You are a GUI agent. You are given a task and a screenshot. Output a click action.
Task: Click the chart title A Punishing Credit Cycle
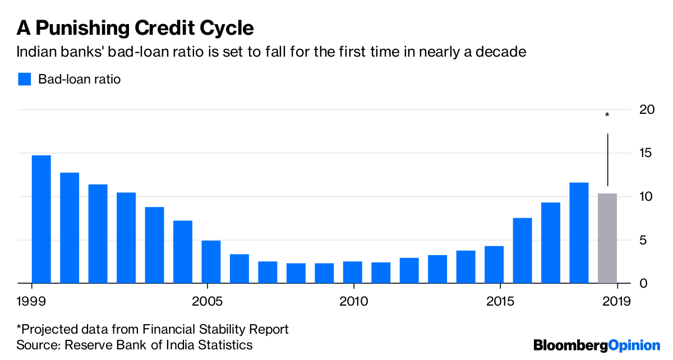pos(135,27)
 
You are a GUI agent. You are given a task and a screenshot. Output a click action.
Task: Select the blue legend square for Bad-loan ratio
pos(24,79)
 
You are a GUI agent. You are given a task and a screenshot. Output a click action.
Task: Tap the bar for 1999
pos(42,219)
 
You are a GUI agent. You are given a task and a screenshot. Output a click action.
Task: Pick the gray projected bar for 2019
pos(607,238)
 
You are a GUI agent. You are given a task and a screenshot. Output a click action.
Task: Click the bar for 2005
pos(211,262)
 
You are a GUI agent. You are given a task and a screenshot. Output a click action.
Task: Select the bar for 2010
pos(352,272)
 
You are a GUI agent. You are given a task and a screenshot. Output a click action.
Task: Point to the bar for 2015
pos(494,265)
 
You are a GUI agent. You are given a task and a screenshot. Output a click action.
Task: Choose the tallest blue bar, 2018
pos(579,233)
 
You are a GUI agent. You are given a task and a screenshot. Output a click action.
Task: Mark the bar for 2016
pos(522,250)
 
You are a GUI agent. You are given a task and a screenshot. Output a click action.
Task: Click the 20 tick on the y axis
pos(647,109)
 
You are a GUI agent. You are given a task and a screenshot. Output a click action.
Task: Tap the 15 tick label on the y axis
pos(647,153)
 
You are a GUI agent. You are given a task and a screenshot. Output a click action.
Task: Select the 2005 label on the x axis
pos(208,302)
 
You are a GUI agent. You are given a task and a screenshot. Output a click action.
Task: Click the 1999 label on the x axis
pos(32,302)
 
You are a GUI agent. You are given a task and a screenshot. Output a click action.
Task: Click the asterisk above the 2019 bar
pos(607,116)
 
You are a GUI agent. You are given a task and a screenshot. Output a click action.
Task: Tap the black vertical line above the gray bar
pos(607,160)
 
